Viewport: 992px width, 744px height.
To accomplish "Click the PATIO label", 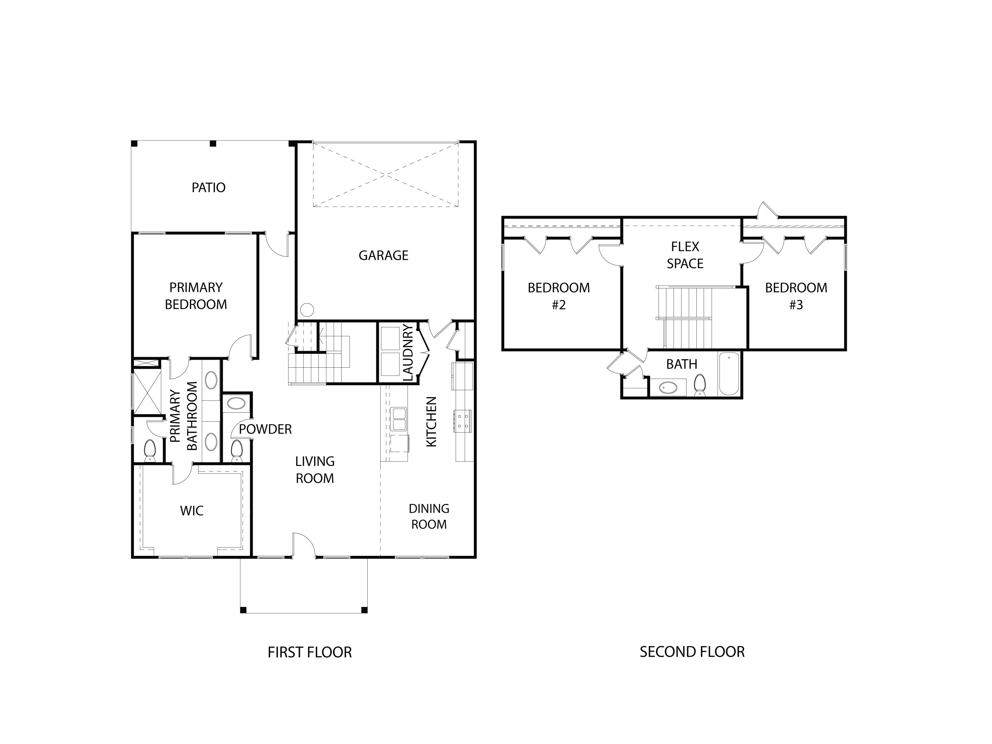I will pyautogui.click(x=209, y=187).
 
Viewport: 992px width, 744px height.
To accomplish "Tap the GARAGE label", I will pyautogui.click(x=384, y=256).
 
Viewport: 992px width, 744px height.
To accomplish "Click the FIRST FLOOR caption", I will pyautogui.click(x=310, y=652).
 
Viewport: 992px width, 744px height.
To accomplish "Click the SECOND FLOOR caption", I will pyautogui.click(x=692, y=652).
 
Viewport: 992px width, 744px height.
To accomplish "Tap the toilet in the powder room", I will pyautogui.click(x=236, y=450).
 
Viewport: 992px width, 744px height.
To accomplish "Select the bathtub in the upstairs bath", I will pyautogui.click(x=729, y=374).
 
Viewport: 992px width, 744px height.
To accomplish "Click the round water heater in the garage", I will pyautogui.click(x=307, y=310).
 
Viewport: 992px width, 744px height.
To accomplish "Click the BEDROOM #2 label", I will pyautogui.click(x=559, y=296).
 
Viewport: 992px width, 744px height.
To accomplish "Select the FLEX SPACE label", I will pyautogui.click(x=685, y=255).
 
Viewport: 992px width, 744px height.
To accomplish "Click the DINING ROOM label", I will pyautogui.click(x=429, y=516).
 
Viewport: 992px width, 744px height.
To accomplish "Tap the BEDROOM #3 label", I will pyautogui.click(x=796, y=296).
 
